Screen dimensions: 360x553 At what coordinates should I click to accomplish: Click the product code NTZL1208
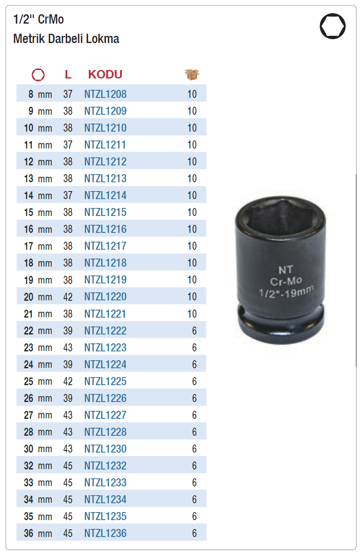tap(105, 94)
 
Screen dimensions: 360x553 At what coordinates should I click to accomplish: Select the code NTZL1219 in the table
tap(105, 280)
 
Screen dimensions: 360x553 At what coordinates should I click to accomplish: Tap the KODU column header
tap(105, 74)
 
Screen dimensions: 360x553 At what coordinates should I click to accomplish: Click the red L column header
tap(68, 74)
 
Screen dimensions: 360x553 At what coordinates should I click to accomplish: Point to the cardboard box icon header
tap(192, 75)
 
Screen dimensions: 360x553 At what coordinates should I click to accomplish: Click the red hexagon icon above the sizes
tap(38, 75)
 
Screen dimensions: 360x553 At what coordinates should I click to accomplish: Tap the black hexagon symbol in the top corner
tap(333, 26)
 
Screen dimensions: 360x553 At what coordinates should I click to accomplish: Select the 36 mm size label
tap(38, 533)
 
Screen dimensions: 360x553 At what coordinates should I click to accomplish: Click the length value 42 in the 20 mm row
tap(68, 297)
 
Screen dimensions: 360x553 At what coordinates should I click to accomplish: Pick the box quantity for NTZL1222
tap(194, 331)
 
